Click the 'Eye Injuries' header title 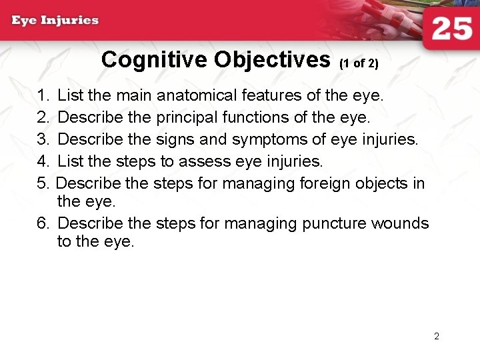tap(55, 20)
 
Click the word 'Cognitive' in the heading tap(155, 60)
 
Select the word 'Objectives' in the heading tap(273, 60)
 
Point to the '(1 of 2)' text tap(359, 64)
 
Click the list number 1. tap(43, 96)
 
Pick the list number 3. tap(43, 140)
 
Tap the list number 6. tap(43, 223)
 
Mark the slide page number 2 tap(437, 337)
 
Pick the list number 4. tap(43, 162)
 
